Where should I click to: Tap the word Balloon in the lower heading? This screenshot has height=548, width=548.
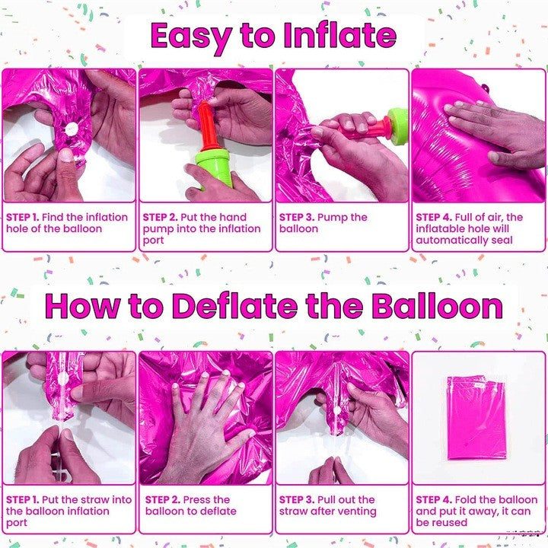click(x=437, y=306)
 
